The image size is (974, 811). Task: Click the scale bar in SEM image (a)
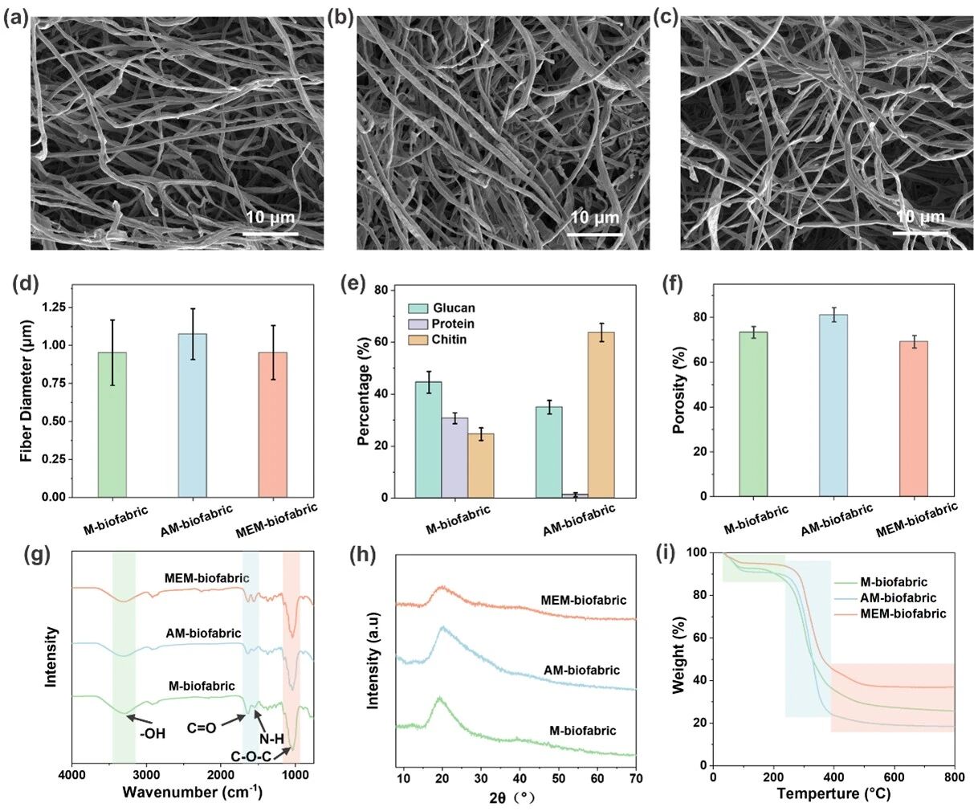(x=270, y=234)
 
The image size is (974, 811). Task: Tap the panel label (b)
(x=340, y=17)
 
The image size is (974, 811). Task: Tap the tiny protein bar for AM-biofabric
(x=575, y=495)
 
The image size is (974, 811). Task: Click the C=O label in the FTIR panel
(x=202, y=728)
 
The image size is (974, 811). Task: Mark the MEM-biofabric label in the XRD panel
(x=583, y=600)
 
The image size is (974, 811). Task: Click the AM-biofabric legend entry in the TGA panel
(x=898, y=598)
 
